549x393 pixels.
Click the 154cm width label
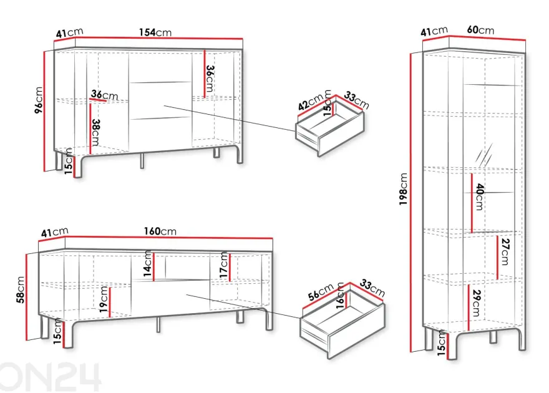point(155,32)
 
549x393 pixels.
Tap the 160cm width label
point(160,231)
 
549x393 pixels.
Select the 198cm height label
point(404,189)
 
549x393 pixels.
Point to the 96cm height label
point(39,100)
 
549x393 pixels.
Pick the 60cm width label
point(480,30)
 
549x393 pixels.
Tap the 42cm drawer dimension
point(311,102)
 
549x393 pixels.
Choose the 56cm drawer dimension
point(321,292)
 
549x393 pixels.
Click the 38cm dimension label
point(95,133)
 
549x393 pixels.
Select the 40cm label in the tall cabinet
point(479,197)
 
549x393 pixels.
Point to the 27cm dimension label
point(505,252)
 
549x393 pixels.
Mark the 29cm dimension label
point(476,303)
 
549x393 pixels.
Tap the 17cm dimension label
point(224,265)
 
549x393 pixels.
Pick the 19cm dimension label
point(104,299)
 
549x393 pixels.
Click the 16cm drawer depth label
point(341,296)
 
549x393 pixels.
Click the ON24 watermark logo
point(51,377)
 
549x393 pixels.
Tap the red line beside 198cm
point(411,203)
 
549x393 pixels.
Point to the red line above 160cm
point(169,238)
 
